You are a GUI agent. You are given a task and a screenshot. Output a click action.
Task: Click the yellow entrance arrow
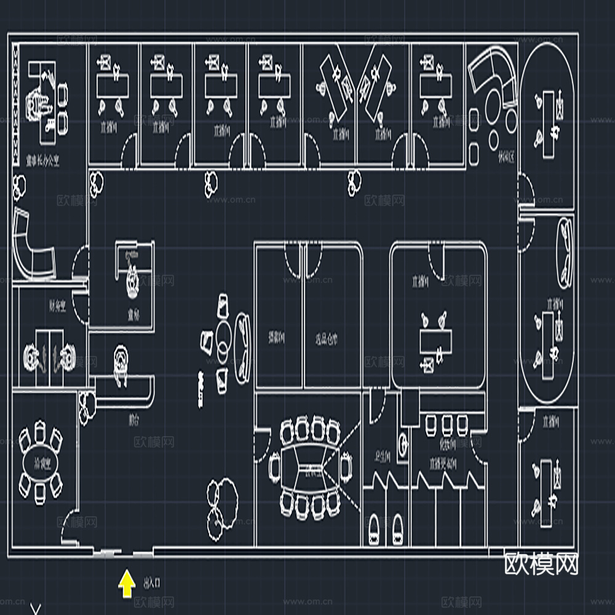127,585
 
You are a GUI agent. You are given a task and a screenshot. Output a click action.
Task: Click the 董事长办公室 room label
42,162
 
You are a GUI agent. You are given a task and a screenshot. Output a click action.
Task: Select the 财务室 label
57,307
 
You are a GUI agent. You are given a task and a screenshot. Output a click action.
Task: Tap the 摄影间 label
276,338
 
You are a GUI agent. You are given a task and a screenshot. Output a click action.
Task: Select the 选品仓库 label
327,338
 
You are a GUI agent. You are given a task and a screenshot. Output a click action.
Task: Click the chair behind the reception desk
122,360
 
